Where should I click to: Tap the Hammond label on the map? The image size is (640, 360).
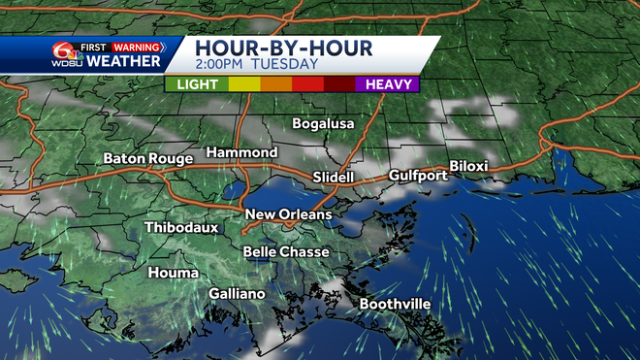(241, 153)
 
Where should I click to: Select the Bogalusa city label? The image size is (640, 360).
(324, 124)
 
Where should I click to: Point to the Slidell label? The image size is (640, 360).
(335, 177)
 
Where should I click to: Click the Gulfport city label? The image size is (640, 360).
(418, 176)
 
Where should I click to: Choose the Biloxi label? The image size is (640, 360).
(468, 166)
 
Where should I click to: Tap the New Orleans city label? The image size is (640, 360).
(288, 214)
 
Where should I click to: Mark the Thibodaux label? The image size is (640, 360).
(181, 228)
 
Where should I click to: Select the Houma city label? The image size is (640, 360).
(174, 273)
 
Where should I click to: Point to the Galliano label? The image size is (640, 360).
(237, 293)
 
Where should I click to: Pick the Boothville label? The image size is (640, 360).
(395, 304)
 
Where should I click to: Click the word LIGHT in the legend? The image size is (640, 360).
(197, 84)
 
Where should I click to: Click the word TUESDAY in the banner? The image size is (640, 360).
(284, 65)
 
